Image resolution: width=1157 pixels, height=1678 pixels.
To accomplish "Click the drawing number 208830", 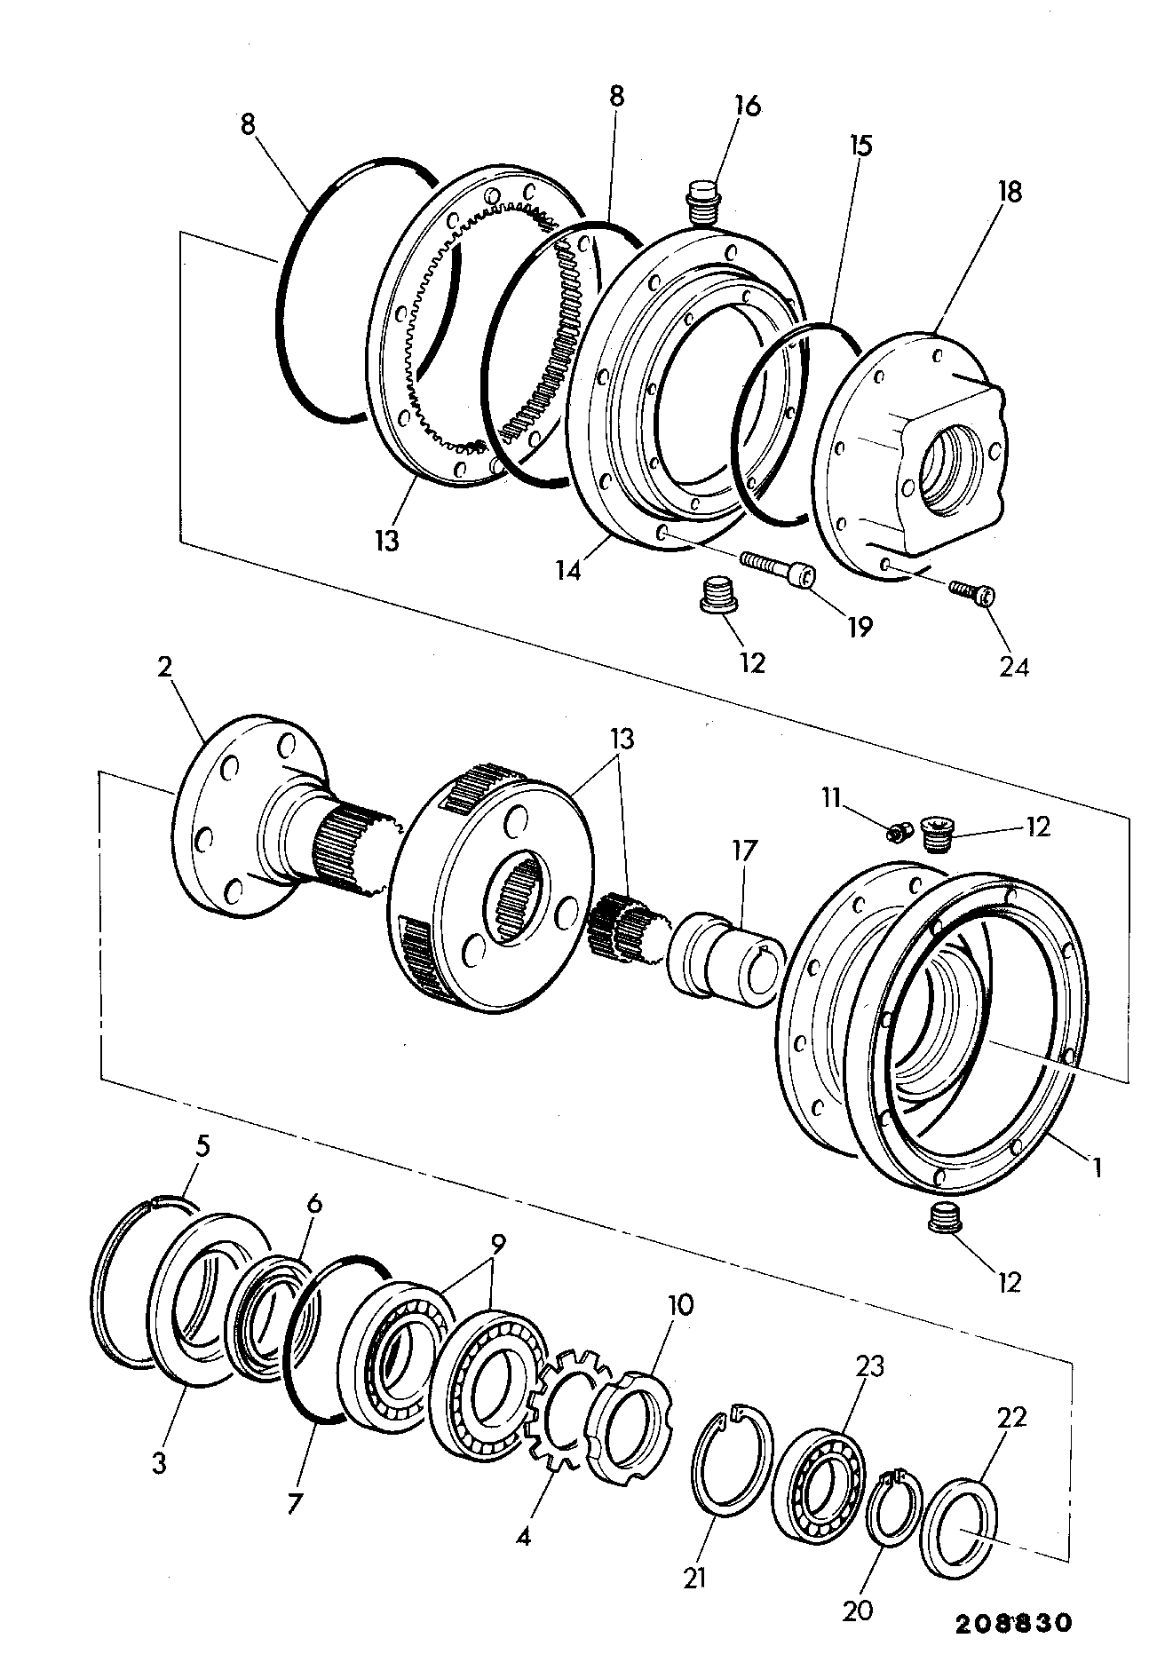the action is [x=1013, y=1623].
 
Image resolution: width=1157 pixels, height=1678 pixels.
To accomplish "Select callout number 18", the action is [x=1009, y=191].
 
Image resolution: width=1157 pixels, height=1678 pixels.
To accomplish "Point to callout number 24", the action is [x=1013, y=666].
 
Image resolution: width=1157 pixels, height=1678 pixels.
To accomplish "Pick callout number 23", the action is [x=870, y=1365].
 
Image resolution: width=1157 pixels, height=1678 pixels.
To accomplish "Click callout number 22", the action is [x=1011, y=1417].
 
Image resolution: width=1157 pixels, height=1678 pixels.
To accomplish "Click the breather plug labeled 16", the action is [x=703, y=202].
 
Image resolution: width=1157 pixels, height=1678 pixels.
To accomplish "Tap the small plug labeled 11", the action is [x=900, y=832].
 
